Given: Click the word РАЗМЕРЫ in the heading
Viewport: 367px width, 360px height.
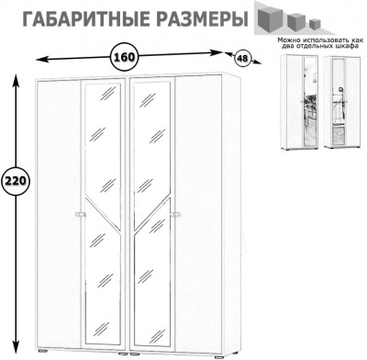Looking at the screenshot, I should pos(198,17).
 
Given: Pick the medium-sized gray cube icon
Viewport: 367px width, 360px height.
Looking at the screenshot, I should pos(296,20).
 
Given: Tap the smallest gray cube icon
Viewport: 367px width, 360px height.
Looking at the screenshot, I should pos(315,23).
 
